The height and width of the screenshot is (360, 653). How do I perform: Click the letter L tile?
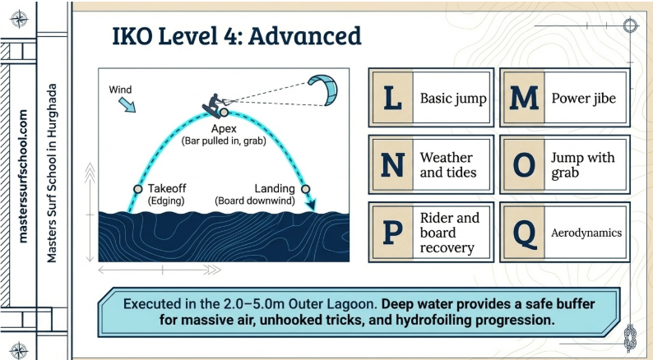pos(391,99)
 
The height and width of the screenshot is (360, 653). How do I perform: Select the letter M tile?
pos(523,99)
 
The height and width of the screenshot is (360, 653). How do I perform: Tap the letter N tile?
pos(391,164)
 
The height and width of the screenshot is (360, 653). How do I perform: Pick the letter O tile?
pos(523,164)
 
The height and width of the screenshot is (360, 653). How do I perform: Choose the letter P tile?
pos(391,233)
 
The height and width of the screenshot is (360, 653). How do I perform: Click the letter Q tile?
pos(523,233)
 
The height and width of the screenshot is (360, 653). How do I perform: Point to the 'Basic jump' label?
pos(453,99)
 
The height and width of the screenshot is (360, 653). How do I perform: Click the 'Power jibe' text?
pos(584,99)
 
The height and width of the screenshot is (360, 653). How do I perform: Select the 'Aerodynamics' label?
pos(586,233)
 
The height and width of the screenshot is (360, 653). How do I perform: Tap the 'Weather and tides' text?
pos(447,164)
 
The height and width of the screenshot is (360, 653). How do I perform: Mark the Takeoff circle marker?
pos(138,189)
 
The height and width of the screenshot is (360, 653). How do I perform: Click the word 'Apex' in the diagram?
pos(224,129)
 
